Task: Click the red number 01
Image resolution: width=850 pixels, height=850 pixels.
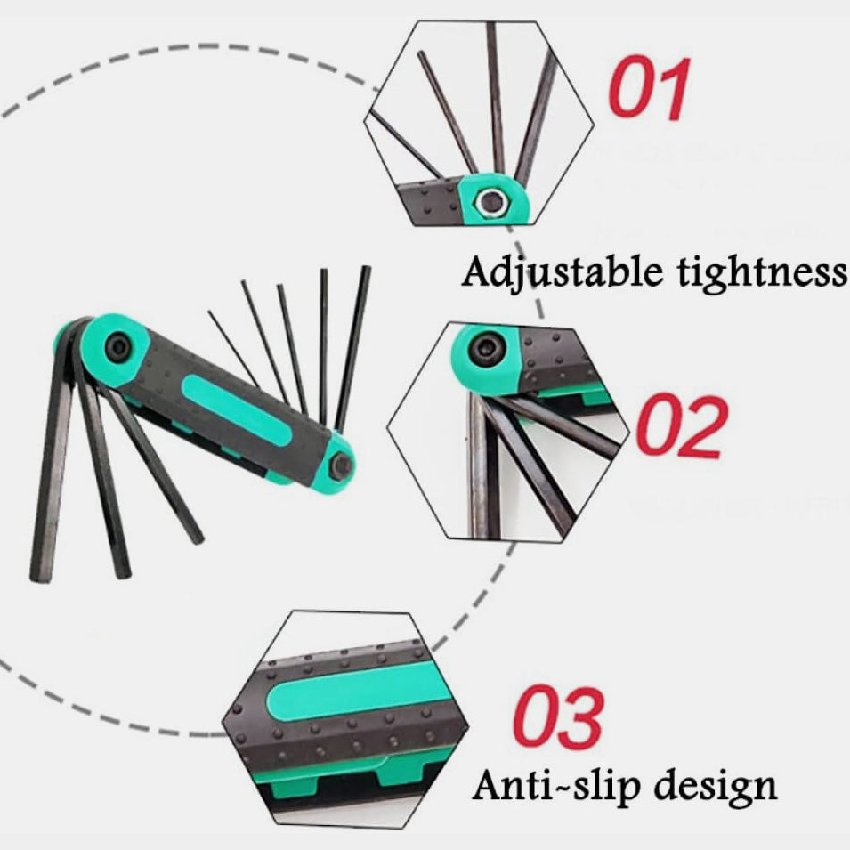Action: click(650, 88)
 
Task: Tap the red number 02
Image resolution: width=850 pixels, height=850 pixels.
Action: click(682, 426)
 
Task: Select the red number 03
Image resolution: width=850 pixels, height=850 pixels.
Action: click(558, 716)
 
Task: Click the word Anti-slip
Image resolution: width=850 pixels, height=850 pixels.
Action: click(557, 785)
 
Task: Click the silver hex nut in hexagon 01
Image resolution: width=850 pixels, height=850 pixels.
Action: click(493, 203)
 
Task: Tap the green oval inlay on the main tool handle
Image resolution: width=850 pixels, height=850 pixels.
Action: click(237, 409)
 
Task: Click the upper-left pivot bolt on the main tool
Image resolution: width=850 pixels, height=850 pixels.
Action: click(117, 347)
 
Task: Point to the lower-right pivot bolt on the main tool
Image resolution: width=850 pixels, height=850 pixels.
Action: click(341, 465)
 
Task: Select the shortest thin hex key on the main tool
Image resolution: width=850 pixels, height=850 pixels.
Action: click(233, 348)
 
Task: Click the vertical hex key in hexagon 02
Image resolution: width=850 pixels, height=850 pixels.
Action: click(481, 465)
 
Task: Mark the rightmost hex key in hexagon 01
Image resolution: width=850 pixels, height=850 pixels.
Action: click(537, 117)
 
